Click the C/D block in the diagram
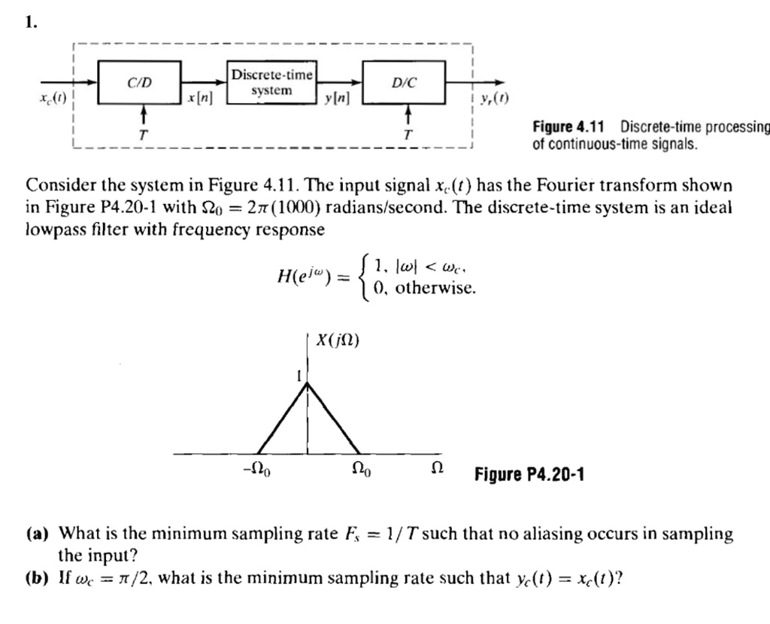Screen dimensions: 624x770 click(x=141, y=82)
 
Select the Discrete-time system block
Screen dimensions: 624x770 click(x=271, y=83)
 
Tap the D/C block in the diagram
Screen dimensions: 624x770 click(x=404, y=82)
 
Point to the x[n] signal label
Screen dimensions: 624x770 click(x=199, y=99)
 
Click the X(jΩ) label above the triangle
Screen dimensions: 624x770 click(x=338, y=340)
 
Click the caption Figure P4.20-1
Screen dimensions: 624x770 click(x=529, y=474)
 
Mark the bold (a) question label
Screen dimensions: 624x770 click(x=38, y=534)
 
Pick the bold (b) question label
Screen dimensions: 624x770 click(x=38, y=578)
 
